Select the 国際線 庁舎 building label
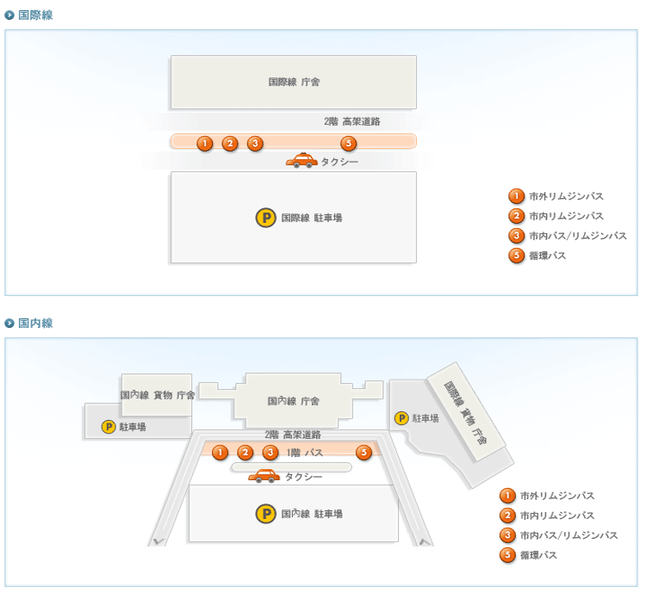[294, 83]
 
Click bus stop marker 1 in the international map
[205, 143]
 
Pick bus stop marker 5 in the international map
[349, 143]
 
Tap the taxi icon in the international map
[301, 160]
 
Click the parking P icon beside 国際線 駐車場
[265, 218]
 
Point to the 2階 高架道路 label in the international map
[351, 121]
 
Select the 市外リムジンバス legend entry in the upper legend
[565, 196]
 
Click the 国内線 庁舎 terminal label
[294, 401]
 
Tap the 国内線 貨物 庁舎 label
[157, 395]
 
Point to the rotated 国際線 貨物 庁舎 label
[466, 413]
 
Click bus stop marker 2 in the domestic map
[245, 452]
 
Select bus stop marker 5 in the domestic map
[363, 452]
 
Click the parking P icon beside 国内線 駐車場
[265, 514]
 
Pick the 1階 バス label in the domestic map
[305, 452]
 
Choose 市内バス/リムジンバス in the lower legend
[568, 535]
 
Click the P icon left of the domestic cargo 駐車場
[109, 426]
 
